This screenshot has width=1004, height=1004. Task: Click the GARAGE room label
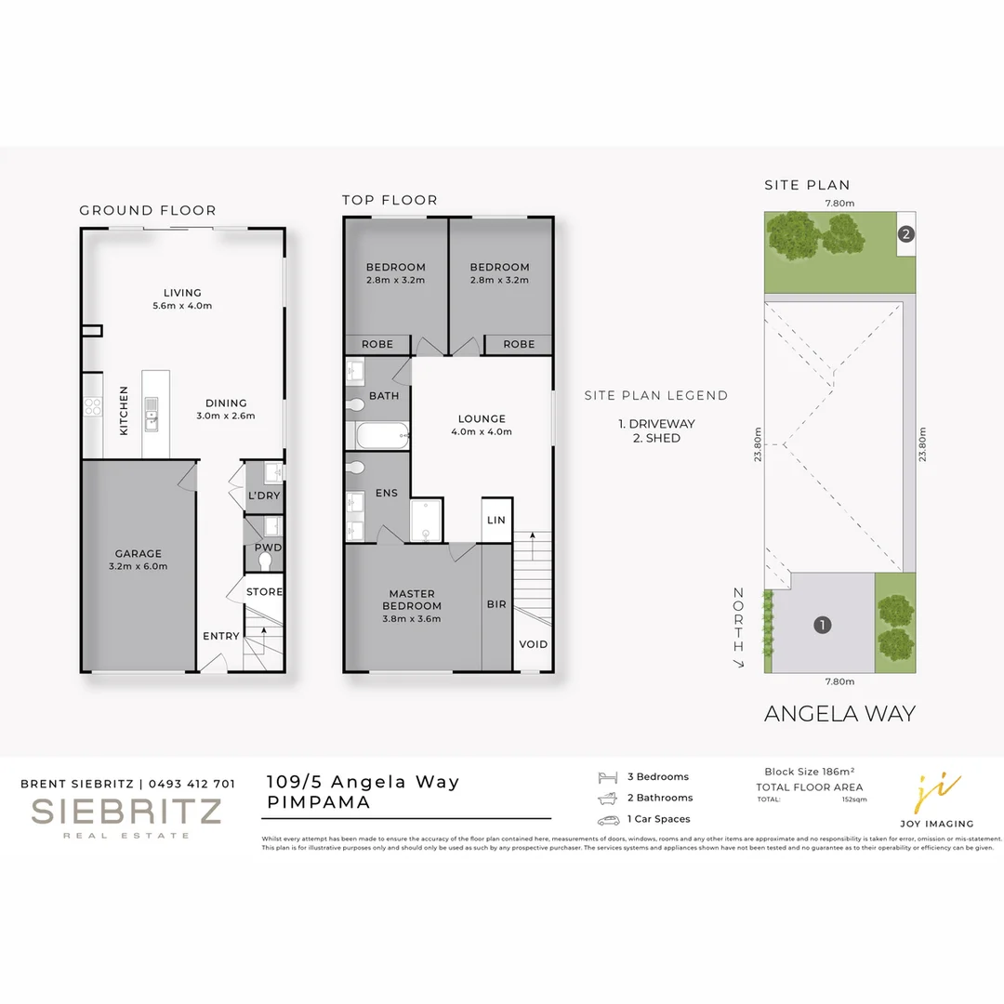coord(139,554)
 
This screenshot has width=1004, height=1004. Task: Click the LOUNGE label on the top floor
coord(482,418)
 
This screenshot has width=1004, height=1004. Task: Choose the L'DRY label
coord(264,496)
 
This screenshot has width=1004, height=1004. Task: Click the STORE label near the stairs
coord(265,591)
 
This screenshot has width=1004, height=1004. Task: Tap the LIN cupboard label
coord(496,520)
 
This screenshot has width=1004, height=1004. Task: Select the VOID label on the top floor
coord(534,644)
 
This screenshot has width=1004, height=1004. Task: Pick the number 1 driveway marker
coord(822,625)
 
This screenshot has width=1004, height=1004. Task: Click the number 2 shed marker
coord(906,234)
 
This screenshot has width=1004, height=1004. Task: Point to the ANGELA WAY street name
coord(839,714)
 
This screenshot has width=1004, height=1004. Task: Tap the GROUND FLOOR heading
coord(147,210)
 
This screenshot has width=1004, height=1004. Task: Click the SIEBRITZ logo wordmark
coord(126,812)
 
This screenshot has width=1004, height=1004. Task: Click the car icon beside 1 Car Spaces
coord(608,820)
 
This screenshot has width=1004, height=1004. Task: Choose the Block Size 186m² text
coord(809,772)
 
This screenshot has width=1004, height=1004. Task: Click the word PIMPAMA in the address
coord(319,801)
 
